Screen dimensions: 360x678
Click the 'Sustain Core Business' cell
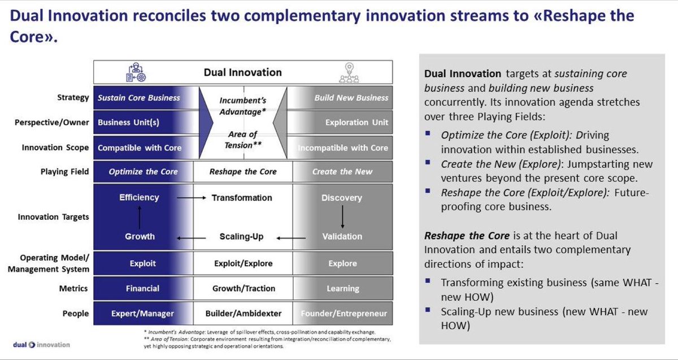click(x=139, y=98)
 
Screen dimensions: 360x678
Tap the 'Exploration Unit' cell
click(x=357, y=122)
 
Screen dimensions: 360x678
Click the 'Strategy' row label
click(x=73, y=98)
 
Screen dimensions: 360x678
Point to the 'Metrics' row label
click(x=74, y=288)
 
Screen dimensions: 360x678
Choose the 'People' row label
click(x=76, y=313)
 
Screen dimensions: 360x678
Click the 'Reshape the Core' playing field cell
click(x=243, y=172)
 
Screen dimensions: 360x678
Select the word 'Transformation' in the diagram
click(x=242, y=198)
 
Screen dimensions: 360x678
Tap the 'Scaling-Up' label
click(x=242, y=236)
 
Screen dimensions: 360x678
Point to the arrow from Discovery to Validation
click(x=342, y=217)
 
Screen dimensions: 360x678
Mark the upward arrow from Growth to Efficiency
click(x=139, y=217)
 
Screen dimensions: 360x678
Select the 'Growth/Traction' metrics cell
click(x=243, y=288)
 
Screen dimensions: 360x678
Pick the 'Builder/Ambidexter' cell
click(x=243, y=314)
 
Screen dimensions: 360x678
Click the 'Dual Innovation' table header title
click(x=242, y=72)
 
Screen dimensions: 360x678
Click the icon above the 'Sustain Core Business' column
click(x=136, y=72)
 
